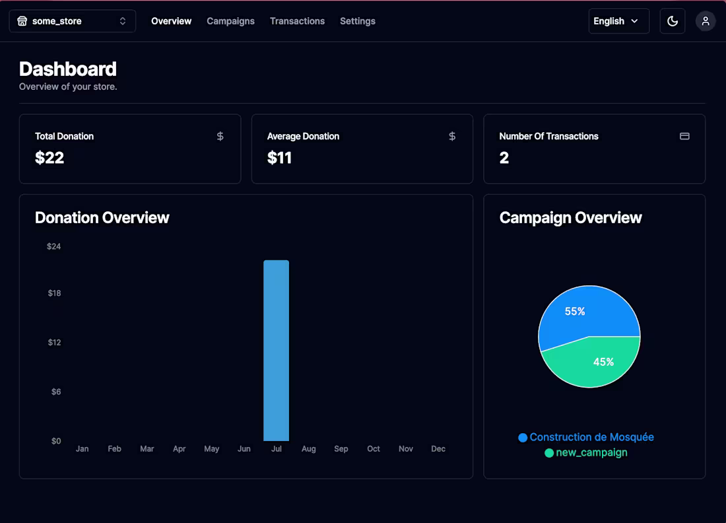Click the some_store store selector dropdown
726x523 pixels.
click(72, 21)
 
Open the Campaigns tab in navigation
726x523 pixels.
click(230, 21)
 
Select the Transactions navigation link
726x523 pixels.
click(297, 21)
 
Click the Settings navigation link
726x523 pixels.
click(358, 21)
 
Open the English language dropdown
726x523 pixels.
click(618, 21)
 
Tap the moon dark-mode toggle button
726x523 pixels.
click(673, 21)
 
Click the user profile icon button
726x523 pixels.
click(706, 21)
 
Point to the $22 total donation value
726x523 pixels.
click(49, 158)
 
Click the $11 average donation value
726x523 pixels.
click(279, 158)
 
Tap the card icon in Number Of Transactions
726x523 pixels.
click(684, 136)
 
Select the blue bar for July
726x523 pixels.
click(276, 350)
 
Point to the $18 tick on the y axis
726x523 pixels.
click(54, 293)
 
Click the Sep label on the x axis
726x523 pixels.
click(341, 449)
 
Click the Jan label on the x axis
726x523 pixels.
click(82, 449)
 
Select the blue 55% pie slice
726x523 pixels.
click(581, 314)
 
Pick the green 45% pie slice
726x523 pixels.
click(597, 363)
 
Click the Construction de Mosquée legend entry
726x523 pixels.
click(586, 437)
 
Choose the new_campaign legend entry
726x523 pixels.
click(586, 453)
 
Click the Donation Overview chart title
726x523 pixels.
click(102, 218)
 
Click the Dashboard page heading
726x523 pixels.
click(68, 69)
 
